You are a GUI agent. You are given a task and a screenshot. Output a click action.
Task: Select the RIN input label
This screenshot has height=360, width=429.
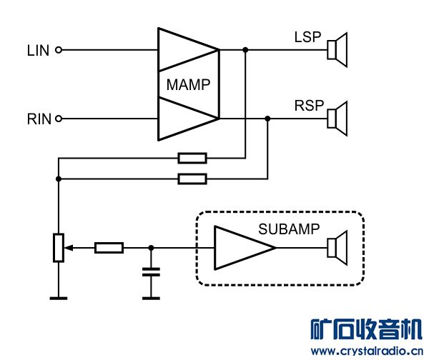pos(39,119)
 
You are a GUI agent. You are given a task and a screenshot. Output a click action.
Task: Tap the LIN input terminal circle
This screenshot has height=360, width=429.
pos(59,50)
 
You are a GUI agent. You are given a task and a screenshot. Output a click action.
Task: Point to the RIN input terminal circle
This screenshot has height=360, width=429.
pos(59,119)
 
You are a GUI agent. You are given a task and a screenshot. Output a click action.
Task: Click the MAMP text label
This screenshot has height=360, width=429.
pos(188,85)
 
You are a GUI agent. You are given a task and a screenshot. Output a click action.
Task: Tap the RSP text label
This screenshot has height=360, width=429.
pos(309,106)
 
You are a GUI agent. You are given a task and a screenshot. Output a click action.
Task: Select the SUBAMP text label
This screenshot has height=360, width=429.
pos(287,230)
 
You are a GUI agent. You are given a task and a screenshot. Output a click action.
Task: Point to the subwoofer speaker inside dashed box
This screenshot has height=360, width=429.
pos(336,247)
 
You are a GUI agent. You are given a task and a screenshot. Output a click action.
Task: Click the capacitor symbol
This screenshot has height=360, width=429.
pos(150,273)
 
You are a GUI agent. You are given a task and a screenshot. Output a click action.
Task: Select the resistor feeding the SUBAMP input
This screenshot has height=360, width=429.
pos(109,248)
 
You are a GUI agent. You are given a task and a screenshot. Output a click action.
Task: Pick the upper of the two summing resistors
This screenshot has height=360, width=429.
pos(192,158)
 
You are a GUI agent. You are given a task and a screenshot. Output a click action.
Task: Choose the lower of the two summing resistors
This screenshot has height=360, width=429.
pos(192,179)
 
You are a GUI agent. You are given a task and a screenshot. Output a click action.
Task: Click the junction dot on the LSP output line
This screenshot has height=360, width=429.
pos(245,50)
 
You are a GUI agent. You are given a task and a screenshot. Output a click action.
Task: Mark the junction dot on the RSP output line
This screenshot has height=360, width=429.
pos(267,119)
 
